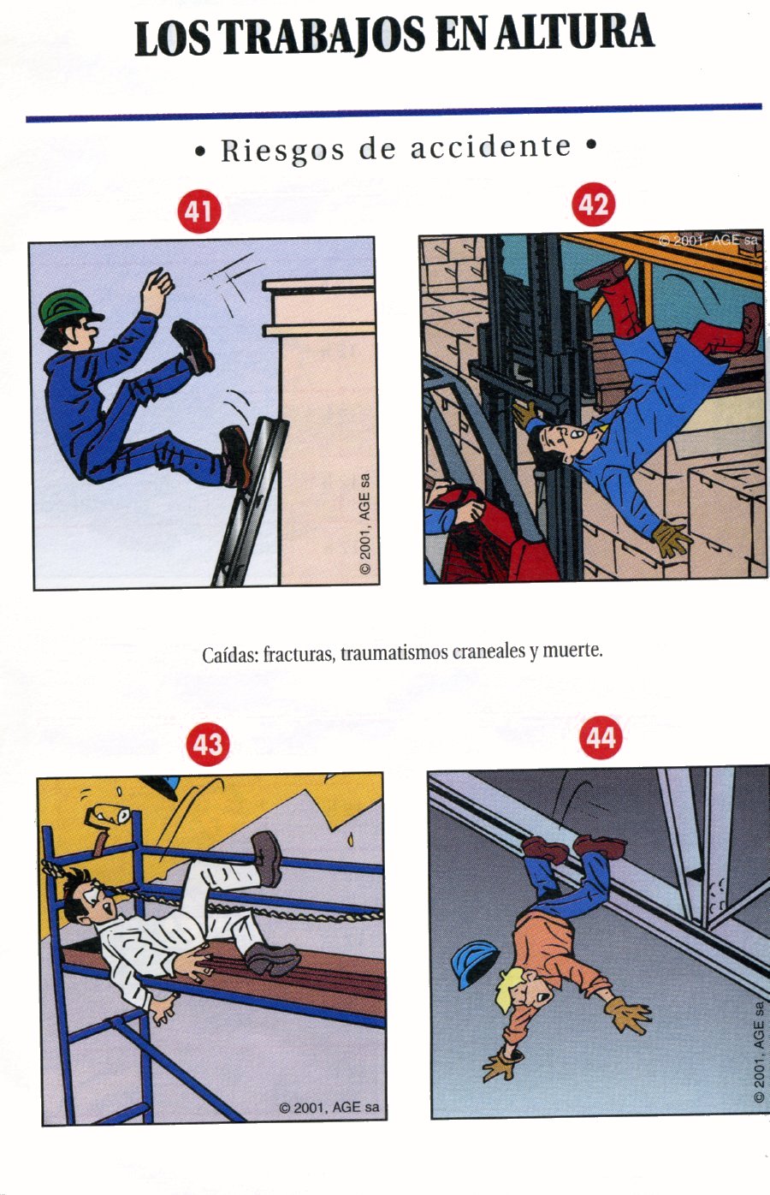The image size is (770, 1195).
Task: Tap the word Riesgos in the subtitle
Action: pyautogui.click(x=282, y=151)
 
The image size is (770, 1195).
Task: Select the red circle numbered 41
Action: pyautogui.click(x=198, y=211)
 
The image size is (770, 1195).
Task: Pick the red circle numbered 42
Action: pyautogui.click(x=593, y=205)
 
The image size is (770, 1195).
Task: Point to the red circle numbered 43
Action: pyautogui.click(x=208, y=744)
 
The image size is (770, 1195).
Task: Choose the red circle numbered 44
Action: pyautogui.click(x=601, y=738)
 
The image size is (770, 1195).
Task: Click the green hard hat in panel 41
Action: pyautogui.click(x=68, y=308)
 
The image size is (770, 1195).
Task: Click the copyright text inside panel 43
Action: pyautogui.click(x=329, y=1108)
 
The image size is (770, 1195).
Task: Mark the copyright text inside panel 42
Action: pyautogui.click(x=708, y=241)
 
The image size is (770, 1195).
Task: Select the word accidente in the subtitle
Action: pyautogui.click(x=490, y=146)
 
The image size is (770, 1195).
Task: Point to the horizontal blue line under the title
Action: pyautogui.click(x=394, y=113)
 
